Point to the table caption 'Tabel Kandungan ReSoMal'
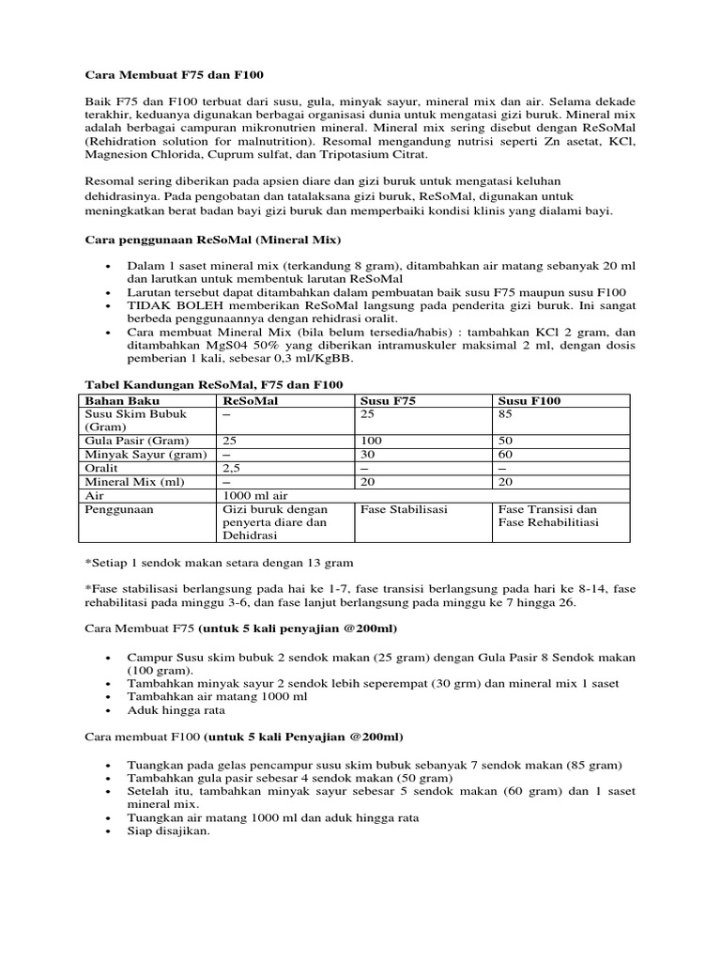214,385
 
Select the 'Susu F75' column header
387,400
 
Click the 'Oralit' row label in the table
102,467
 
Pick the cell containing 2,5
231,467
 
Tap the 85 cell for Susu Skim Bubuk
506,413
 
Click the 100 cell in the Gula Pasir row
371,441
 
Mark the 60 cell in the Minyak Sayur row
506,454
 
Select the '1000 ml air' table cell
253,494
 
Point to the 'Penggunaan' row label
119,508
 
